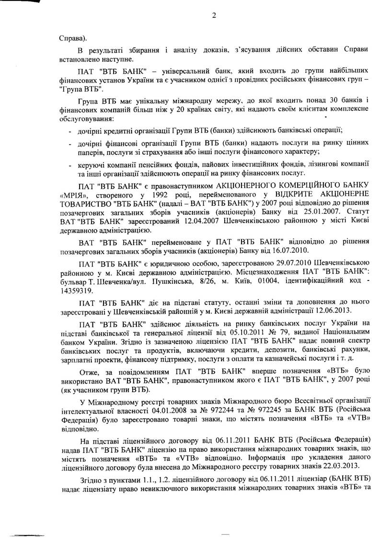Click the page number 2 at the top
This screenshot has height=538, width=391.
click(x=214, y=15)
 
